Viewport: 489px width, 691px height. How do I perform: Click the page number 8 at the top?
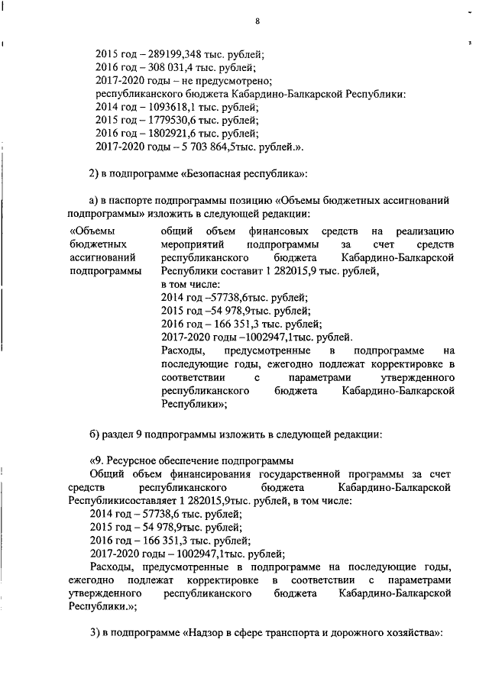(x=257, y=21)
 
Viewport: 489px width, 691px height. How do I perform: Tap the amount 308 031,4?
(x=166, y=67)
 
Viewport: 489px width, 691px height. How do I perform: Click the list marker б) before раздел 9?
(x=95, y=435)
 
